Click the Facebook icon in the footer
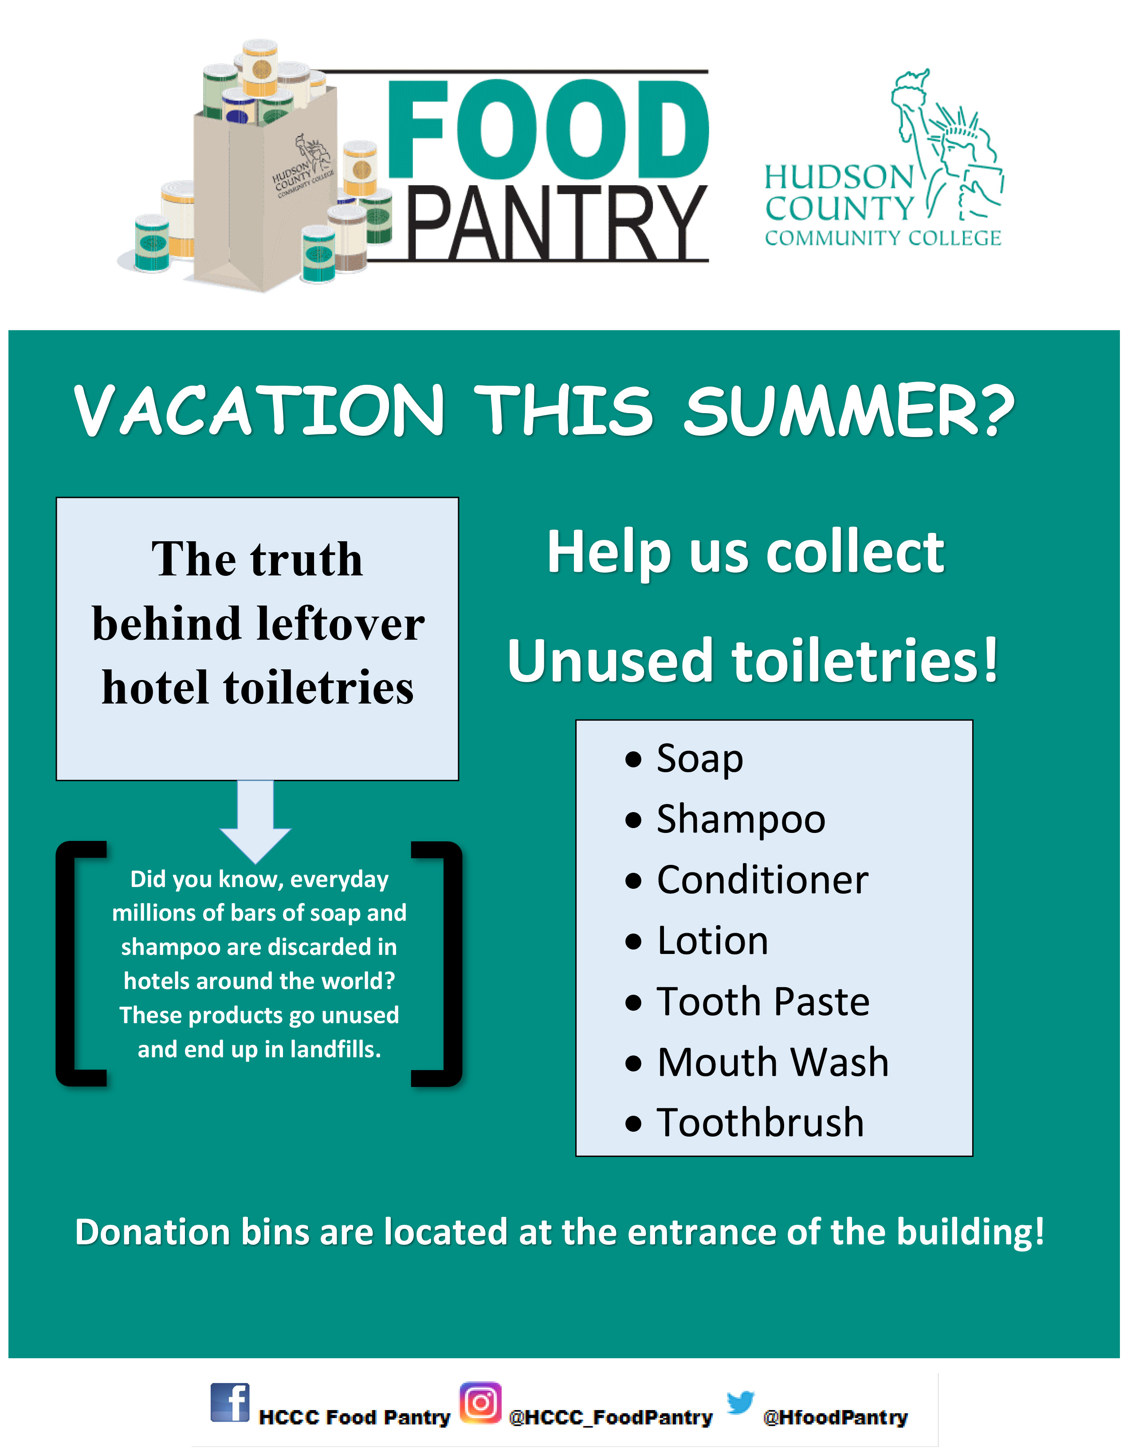[x=230, y=1402]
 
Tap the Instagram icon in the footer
[x=480, y=1402]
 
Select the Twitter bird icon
[x=741, y=1401]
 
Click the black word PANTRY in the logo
[x=557, y=223]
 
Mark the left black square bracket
[x=81, y=964]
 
